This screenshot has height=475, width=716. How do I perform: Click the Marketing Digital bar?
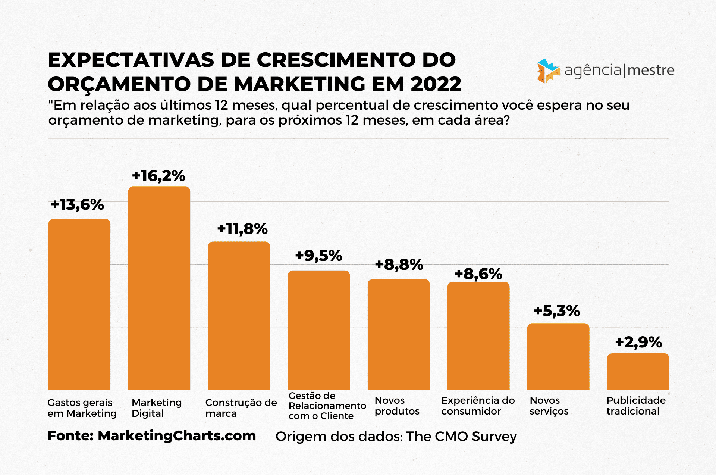[159, 288]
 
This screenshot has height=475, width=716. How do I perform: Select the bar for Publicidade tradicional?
[638, 372]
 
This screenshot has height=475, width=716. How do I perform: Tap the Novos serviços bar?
[558, 356]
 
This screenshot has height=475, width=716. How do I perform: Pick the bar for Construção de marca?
[239, 316]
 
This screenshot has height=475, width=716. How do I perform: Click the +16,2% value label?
[158, 176]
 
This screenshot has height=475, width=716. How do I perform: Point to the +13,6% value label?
[77, 204]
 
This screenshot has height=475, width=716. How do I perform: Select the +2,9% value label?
[638, 342]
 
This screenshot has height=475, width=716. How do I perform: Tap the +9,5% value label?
[318, 256]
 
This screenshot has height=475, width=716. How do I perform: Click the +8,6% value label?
[478, 274]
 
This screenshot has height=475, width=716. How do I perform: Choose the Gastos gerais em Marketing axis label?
[82, 408]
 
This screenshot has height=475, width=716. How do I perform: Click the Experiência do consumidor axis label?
[478, 406]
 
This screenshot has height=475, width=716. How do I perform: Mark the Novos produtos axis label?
[397, 406]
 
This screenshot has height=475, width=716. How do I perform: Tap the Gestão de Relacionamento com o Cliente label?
[327, 406]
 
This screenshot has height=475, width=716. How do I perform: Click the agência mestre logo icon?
[548, 71]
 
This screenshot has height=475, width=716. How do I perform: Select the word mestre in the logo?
[651, 70]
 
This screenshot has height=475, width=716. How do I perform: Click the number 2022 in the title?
[436, 84]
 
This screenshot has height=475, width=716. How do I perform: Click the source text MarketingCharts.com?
[177, 436]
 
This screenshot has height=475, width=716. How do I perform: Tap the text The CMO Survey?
[461, 436]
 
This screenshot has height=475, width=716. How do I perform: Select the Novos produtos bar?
[399, 334]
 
